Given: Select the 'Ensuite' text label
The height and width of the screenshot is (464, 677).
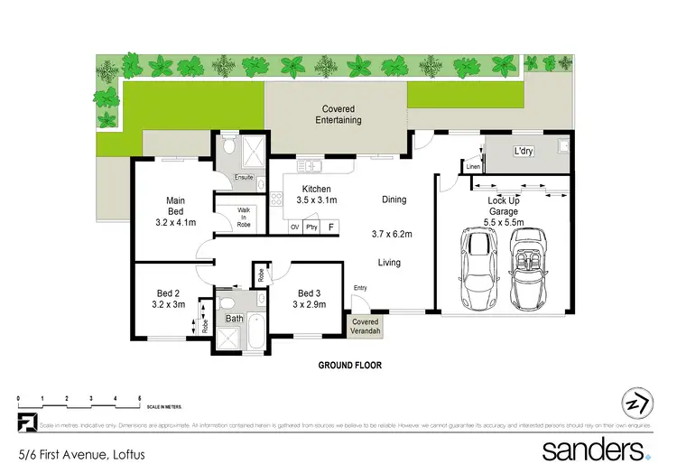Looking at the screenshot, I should (244, 177).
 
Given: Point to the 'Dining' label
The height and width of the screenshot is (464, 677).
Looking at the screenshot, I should (394, 200).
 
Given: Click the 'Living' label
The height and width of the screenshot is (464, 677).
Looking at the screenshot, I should (389, 263).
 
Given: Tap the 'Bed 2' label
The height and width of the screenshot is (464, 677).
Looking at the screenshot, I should (169, 298).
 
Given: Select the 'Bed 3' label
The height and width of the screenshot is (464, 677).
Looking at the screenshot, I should (309, 298).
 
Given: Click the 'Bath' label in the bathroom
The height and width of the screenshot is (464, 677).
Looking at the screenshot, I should (234, 319).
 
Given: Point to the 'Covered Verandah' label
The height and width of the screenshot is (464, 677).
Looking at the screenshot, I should (366, 326).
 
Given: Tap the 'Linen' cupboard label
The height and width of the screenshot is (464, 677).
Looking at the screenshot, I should (472, 167).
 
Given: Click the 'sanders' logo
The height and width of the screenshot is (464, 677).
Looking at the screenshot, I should (592, 449).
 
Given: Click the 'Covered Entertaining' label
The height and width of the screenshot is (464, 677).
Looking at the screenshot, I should (338, 115).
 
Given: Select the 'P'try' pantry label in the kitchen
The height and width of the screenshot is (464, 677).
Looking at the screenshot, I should (311, 227).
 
